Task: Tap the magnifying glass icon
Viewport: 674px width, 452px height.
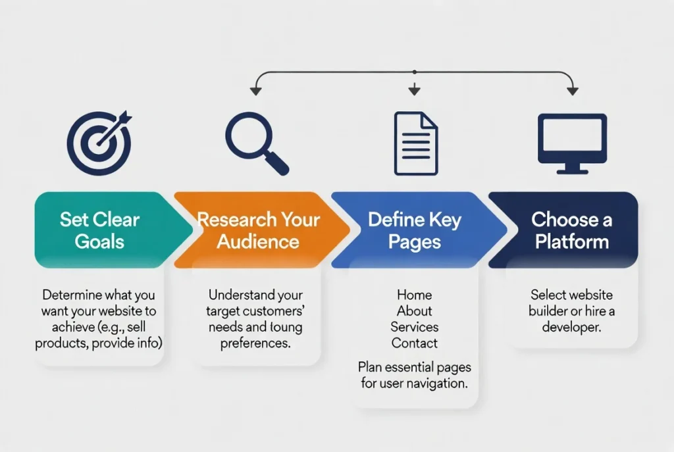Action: click(x=256, y=143)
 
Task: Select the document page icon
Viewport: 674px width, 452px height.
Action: click(x=415, y=143)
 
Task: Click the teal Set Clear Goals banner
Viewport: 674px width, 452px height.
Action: click(x=99, y=230)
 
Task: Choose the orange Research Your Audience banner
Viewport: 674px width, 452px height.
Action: click(x=257, y=230)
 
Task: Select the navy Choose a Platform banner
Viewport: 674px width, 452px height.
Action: click(x=571, y=230)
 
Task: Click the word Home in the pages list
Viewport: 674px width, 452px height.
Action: click(x=414, y=295)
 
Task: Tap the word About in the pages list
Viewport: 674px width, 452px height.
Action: click(x=414, y=311)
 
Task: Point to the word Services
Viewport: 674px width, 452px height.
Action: click(x=414, y=327)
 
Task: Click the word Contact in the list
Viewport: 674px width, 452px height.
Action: click(x=414, y=343)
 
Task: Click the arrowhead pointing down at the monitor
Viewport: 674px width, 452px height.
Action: click(x=572, y=91)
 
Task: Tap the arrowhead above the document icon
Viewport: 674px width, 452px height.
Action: click(x=414, y=91)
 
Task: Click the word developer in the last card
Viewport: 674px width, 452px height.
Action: click(x=571, y=327)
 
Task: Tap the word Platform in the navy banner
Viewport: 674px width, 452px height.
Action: click(x=571, y=241)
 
